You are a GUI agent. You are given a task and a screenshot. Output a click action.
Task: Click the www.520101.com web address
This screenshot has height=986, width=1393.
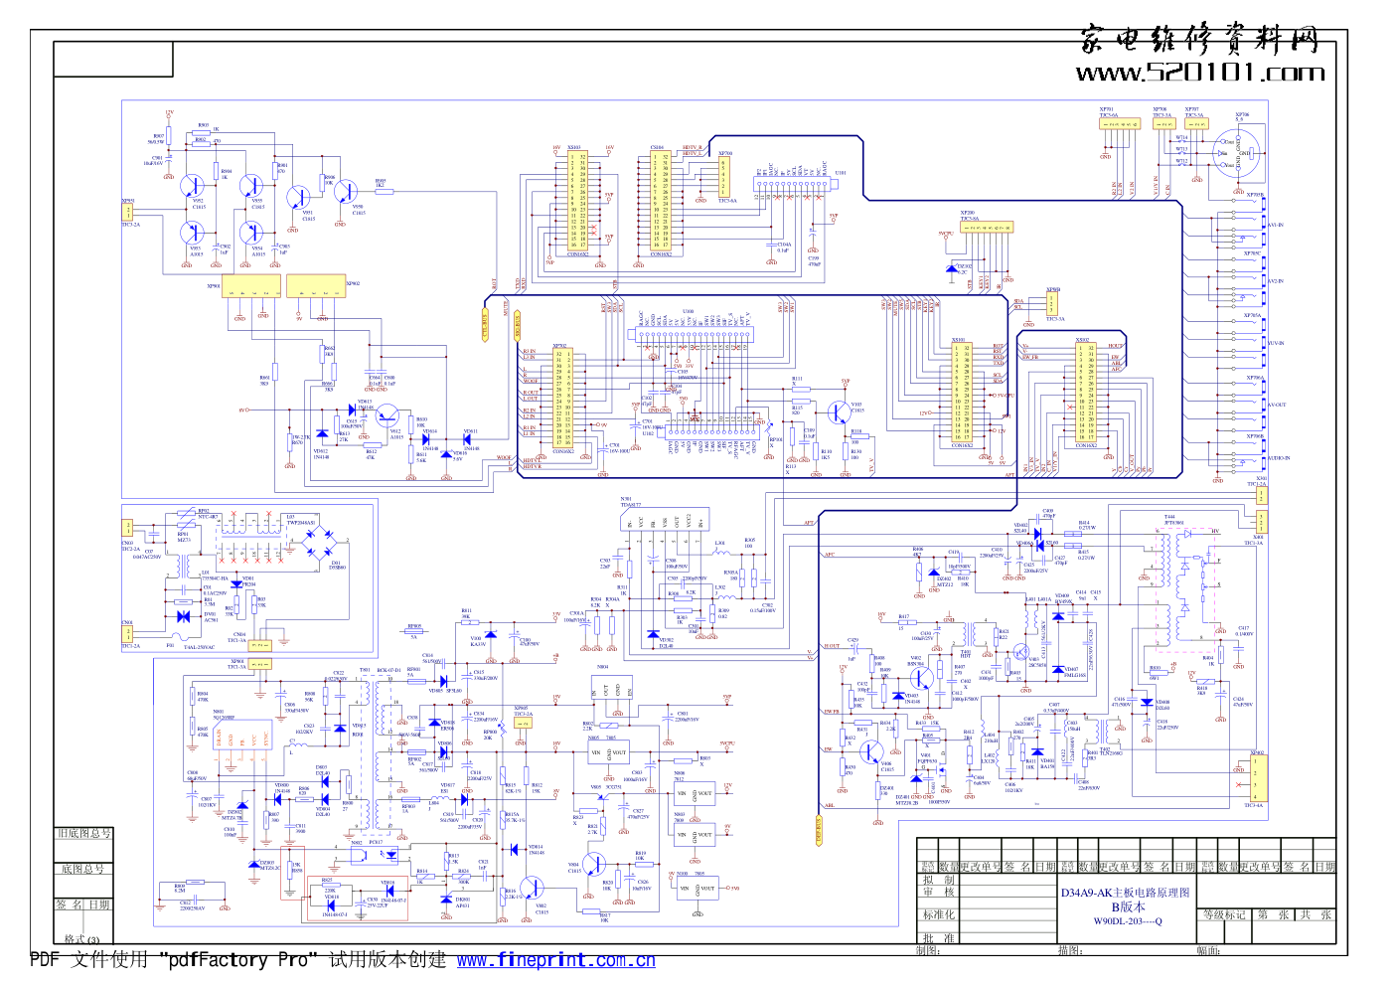(1199, 73)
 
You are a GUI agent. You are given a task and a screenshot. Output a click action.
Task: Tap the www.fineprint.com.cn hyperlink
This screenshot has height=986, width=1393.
(555, 960)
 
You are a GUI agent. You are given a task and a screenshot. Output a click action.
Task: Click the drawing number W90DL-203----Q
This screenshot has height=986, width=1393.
(1127, 921)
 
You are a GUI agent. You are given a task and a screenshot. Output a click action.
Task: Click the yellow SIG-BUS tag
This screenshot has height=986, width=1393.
(517, 325)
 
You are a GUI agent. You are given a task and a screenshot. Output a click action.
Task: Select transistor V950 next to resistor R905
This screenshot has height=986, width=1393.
(346, 192)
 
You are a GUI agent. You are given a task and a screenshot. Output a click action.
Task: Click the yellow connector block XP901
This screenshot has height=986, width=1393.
(251, 286)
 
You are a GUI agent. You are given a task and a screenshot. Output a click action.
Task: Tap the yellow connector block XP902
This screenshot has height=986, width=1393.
(315, 286)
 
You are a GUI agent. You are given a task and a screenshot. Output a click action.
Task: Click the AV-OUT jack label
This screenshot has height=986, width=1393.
(1276, 405)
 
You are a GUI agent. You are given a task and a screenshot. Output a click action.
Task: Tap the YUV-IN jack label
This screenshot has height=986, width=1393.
(1276, 343)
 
